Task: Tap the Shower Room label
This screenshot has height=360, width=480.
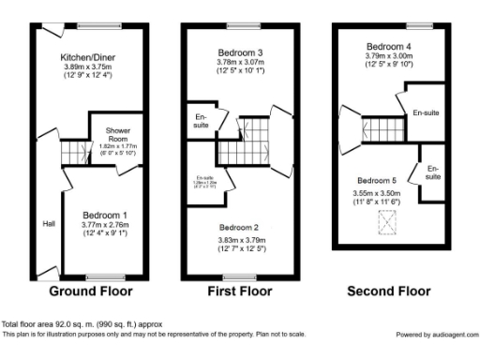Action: [x=117, y=132]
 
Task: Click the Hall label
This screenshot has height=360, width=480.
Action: [x=47, y=224]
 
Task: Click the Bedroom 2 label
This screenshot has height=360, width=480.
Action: [x=240, y=228]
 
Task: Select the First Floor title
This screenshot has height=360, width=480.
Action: [x=239, y=292]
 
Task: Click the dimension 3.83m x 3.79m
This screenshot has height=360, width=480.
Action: [x=240, y=240]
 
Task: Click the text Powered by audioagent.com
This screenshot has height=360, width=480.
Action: [x=437, y=334]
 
